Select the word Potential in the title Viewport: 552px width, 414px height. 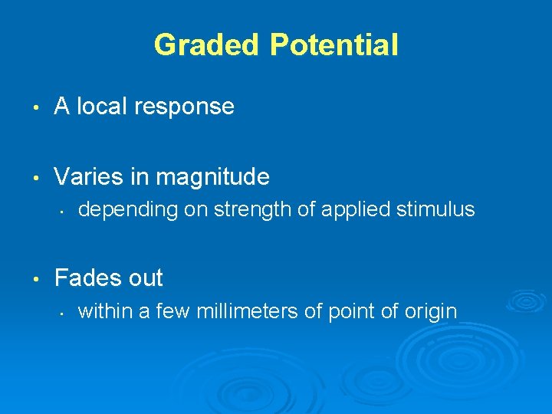[x=333, y=45]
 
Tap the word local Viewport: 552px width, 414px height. [x=102, y=107]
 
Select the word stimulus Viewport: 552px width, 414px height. [x=436, y=209]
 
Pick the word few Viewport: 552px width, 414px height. [x=176, y=310]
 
